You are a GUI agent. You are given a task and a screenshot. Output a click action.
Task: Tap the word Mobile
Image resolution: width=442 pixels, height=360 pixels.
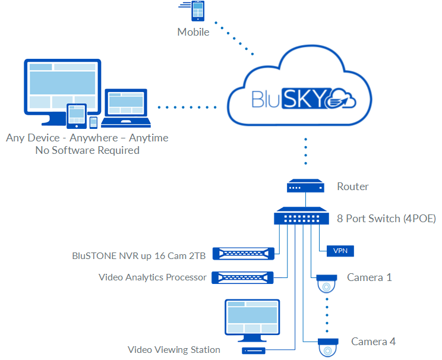[193, 32]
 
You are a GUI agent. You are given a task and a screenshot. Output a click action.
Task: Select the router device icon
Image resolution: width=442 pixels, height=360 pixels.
[305, 187]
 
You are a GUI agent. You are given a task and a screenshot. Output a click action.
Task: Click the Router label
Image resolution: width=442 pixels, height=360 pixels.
[353, 187]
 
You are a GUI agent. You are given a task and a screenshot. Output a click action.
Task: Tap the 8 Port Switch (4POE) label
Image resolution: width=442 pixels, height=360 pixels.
[387, 219]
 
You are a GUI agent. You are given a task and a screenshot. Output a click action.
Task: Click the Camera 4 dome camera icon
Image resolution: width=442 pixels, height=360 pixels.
[327, 346]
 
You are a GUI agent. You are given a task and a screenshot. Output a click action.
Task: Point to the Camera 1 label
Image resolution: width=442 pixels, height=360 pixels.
[370, 277]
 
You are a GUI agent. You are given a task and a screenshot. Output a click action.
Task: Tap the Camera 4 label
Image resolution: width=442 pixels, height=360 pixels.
[373, 342]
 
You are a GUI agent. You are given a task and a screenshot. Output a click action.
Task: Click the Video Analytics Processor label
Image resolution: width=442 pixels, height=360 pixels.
[153, 277]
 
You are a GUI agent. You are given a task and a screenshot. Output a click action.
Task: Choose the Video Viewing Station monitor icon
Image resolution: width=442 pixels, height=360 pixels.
[252, 320]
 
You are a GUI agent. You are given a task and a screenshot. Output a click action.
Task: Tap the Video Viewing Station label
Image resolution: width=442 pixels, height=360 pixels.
[174, 350]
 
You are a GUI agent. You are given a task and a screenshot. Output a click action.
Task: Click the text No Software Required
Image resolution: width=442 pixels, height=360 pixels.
[87, 150]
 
